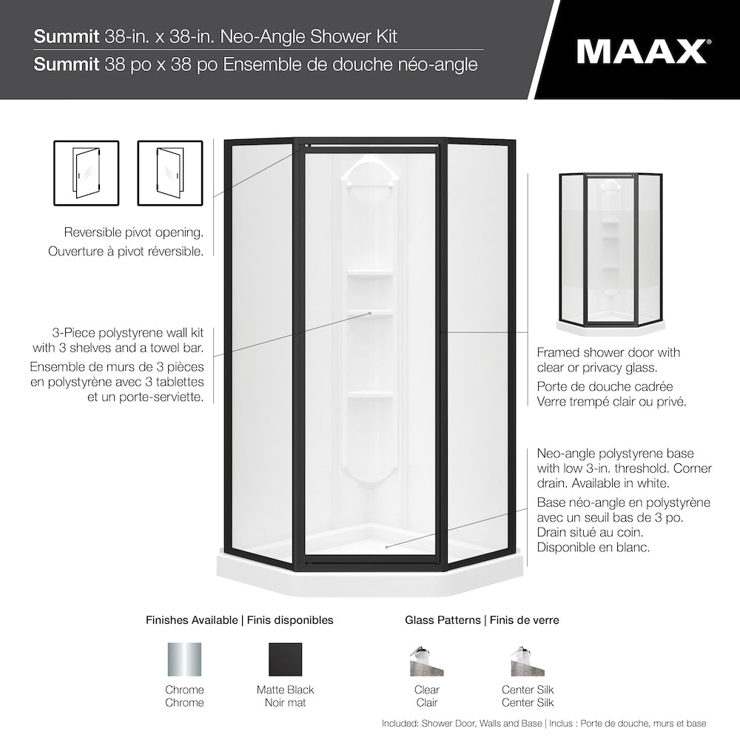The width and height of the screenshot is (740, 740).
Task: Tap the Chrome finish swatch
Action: point(184,659)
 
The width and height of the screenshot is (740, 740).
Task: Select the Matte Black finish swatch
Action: point(285,659)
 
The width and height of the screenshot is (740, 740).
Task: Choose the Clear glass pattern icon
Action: point(426,661)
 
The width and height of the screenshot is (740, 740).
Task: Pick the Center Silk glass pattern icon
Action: point(527,661)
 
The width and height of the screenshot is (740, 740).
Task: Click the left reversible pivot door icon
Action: point(86,173)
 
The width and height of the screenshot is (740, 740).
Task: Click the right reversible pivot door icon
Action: point(170,173)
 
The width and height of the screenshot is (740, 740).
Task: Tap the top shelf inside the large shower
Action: point(370,275)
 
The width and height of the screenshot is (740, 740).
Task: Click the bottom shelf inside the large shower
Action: point(370,394)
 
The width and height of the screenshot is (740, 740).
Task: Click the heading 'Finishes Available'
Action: point(192,620)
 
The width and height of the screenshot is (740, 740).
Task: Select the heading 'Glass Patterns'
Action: point(443,620)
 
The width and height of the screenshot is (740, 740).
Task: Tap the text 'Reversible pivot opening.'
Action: point(133,232)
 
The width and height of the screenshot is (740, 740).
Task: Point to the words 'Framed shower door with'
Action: point(608,352)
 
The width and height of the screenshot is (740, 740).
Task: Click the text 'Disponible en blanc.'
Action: point(593,548)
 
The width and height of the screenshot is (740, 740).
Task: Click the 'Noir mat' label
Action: point(285,702)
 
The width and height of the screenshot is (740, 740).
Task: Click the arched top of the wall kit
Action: point(370,167)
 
